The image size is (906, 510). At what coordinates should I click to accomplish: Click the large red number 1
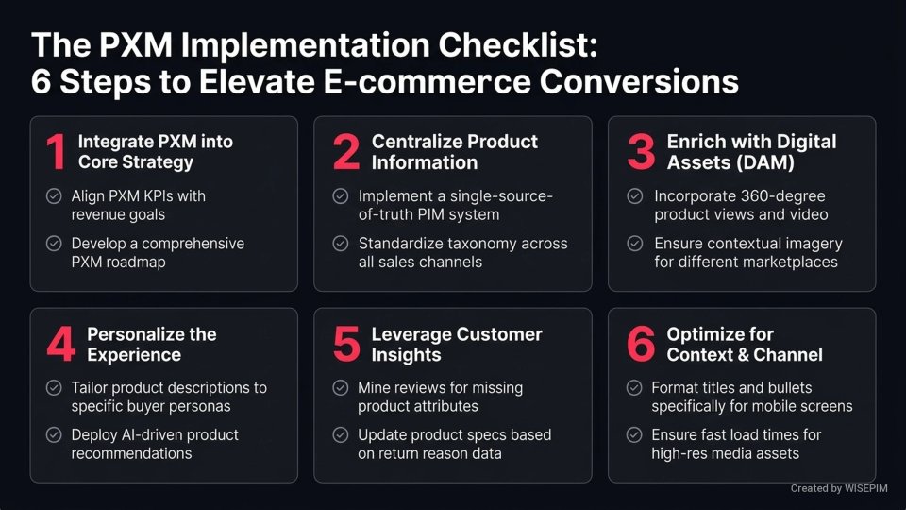click(56, 152)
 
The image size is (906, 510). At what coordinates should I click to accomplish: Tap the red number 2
click(346, 152)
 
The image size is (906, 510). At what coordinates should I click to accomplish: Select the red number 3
click(641, 152)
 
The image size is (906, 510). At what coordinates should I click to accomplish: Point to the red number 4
click(60, 345)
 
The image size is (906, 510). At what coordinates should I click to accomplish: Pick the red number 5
click(346, 345)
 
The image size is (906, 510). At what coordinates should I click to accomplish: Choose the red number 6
click(641, 345)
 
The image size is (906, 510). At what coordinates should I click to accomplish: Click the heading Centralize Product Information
click(454, 152)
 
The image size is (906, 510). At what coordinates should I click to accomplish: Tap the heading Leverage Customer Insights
click(456, 345)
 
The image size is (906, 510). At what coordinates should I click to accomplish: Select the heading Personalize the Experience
click(151, 345)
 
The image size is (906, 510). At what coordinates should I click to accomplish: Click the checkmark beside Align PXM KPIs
click(54, 196)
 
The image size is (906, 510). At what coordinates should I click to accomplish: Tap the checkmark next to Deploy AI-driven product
click(54, 435)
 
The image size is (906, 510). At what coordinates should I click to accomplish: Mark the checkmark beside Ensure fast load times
click(635, 435)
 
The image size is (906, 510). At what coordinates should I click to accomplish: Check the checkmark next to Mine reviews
click(341, 388)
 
